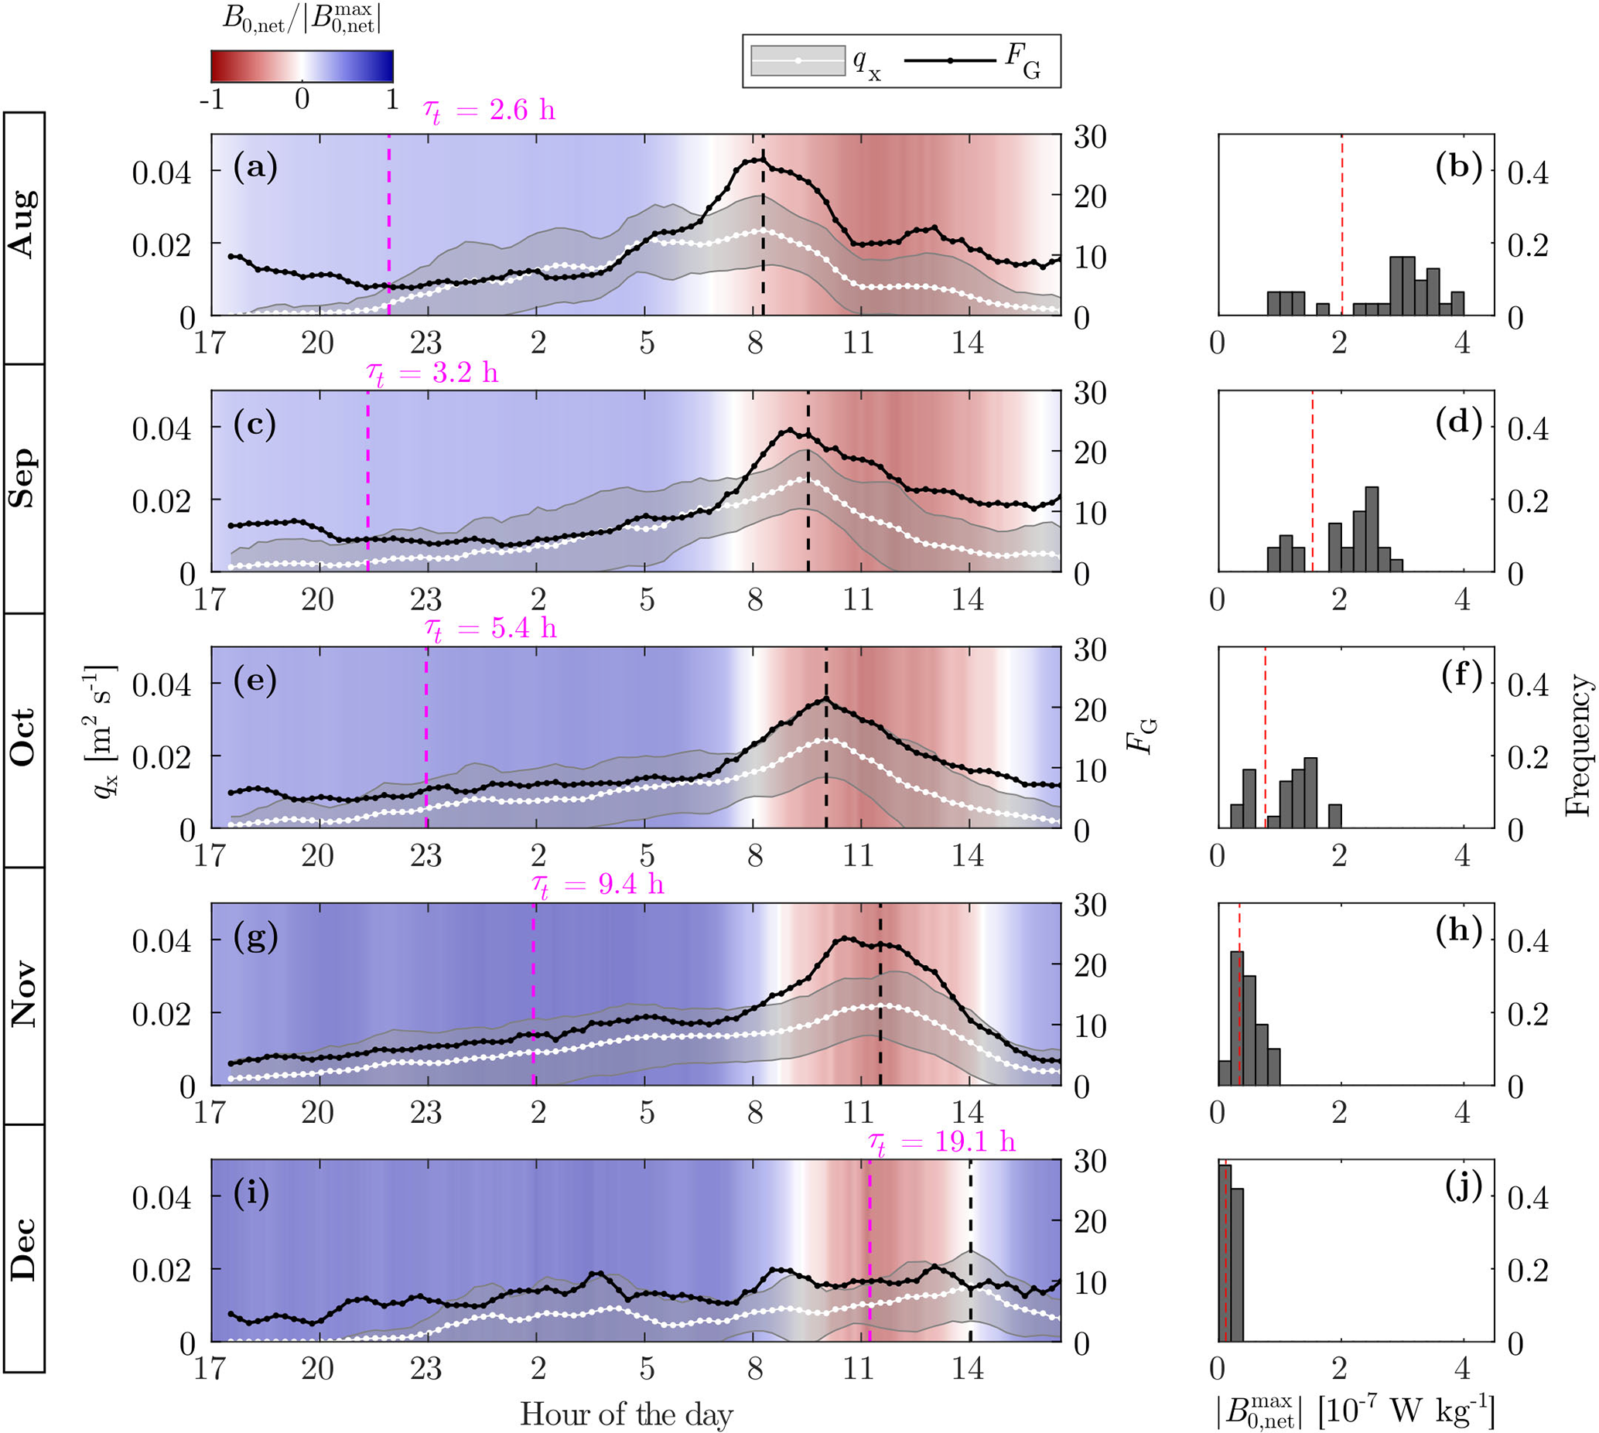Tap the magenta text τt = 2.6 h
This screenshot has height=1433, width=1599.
point(489,111)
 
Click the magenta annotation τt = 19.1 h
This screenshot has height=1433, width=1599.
point(941,1141)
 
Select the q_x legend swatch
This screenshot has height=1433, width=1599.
point(798,60)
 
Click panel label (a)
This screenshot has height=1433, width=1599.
point(255,168)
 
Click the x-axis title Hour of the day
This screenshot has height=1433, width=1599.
point(626,1414)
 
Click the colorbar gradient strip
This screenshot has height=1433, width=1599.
point(302,67)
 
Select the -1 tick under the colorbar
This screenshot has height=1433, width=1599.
point(213,100)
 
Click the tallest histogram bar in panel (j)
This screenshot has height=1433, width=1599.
point(1224,1252)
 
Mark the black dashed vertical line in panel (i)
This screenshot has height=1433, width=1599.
point(969,1252)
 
